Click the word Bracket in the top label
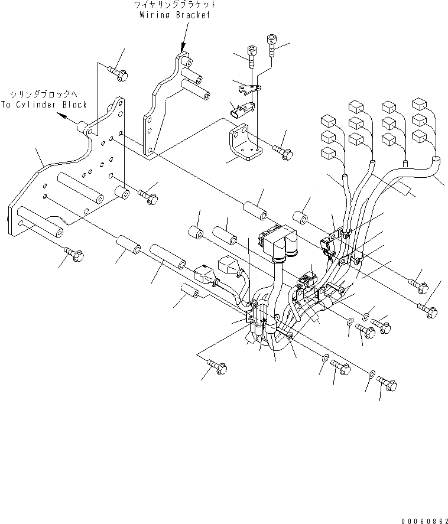(x=193, y=15)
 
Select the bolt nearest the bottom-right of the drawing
(x=388, y=384)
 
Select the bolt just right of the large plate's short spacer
(x=147, y=195)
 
